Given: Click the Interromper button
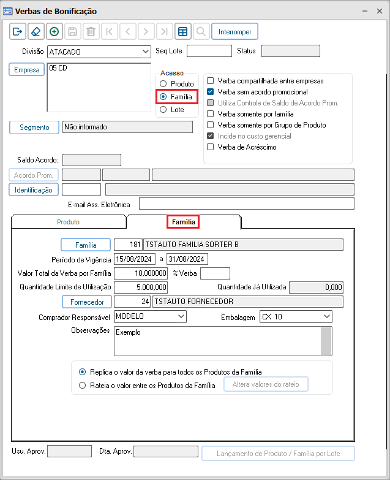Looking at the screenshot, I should point(236,31).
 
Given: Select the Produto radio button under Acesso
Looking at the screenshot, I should point(163,84).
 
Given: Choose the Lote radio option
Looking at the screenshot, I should point(163,110).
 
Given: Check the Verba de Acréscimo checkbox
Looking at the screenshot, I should point(211,147).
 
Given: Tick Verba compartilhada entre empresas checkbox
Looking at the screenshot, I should point(211,81).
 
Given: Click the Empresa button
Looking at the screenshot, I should point(27,70).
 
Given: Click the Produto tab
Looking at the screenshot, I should point(68,222).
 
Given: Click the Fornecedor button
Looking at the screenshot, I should point(86,302).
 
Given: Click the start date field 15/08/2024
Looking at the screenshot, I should point(136,259).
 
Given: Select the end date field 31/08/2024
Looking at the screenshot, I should point(188,259).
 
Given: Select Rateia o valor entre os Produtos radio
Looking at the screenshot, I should point(83,386).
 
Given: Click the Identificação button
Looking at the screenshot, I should point(34,190).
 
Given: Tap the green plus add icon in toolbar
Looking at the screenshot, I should point(54,31).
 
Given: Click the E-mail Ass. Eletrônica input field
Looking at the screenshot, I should point(246,204).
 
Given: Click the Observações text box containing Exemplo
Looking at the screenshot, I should point(217,340).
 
